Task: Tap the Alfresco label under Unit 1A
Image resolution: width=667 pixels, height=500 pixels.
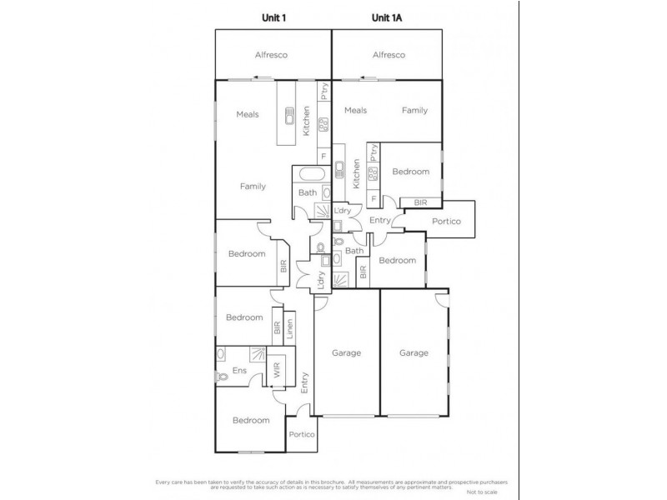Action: pyautogui.click(x=389, y=55)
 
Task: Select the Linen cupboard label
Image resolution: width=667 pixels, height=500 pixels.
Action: pyautogui.click(x=289, y=329)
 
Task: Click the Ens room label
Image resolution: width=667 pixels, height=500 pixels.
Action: pyautogui.click(x=240, y=371)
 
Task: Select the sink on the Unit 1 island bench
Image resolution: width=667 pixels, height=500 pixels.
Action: pyautogui.click(x=290, y=116)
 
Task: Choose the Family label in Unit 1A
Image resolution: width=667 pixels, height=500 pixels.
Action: pyautogui.click(x=414, y=110)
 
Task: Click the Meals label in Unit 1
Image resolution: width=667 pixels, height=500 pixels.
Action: pyautogui.click(x=247, y=115)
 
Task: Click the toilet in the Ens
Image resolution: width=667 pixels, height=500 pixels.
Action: pyautogui.click(x=223, y=377)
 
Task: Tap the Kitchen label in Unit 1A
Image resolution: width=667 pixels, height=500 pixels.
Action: pyautogui.click(x=356, y=173)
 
